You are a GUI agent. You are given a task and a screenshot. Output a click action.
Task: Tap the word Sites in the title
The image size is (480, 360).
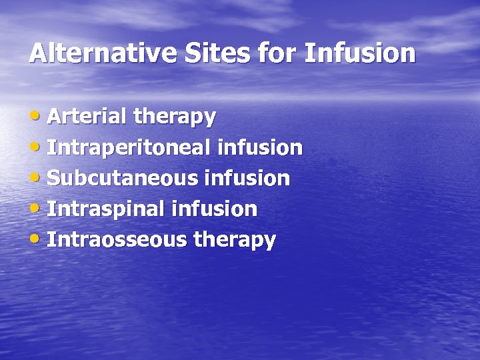pos(193,53)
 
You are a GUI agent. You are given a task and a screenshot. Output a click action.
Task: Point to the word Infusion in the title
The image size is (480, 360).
pos(360,53)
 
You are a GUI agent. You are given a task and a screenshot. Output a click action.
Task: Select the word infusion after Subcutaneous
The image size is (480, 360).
pos(247,178)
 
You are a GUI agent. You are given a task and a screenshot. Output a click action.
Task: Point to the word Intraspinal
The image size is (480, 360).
pos(106,209)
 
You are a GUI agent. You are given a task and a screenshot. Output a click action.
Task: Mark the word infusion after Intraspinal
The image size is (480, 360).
pos(214,209)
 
